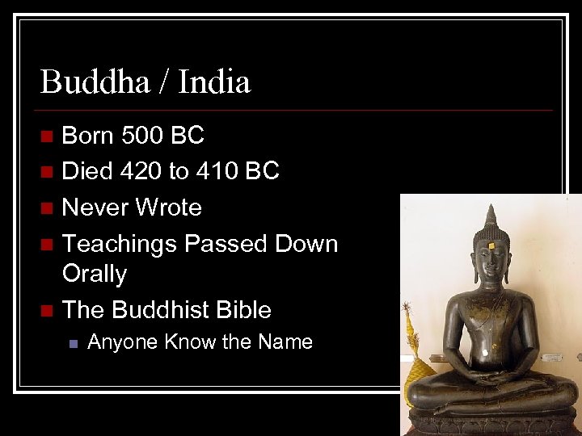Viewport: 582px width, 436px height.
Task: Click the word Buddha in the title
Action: (90, 82)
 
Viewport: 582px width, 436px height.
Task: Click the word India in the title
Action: (214, 82)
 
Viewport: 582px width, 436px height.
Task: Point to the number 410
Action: (220, 171)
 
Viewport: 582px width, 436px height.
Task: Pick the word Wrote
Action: (168, 208)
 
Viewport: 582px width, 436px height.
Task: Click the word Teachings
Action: (120, 243)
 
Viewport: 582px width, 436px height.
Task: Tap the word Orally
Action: (95, 274)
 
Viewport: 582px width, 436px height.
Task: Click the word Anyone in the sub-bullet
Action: (122, 342)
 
